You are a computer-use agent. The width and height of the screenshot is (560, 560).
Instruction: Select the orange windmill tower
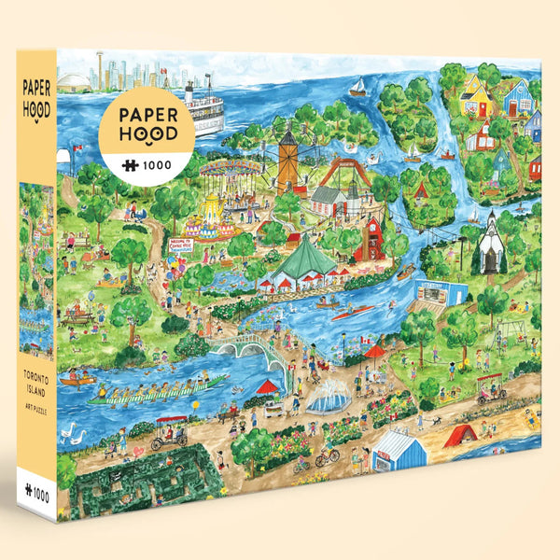[x=287, y=159]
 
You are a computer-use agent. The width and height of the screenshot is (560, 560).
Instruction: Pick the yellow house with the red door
[x=477, y=97]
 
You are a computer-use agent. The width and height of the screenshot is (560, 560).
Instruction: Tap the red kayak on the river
[x=358, y=310]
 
